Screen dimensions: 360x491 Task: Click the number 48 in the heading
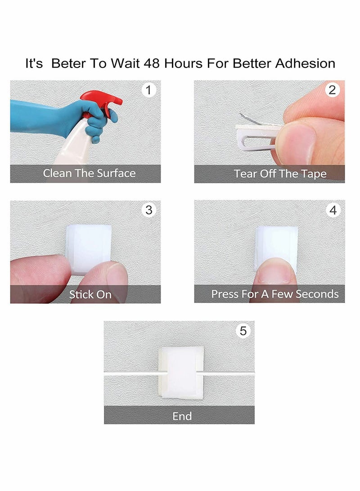coord(152,63)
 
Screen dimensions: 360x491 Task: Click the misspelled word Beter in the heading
coord(68,63)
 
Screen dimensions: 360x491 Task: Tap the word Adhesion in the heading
coord(305,63)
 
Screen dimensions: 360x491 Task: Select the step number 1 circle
coord(148,90)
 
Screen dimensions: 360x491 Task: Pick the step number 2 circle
coord(333,90)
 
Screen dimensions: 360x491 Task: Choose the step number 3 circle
coord(148,210)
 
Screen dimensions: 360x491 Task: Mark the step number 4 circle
coord(333,210)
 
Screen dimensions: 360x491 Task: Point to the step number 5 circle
coord(243,331)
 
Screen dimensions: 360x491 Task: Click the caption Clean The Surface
coord(89,173)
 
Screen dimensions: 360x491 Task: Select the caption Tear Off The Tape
coord(280,173)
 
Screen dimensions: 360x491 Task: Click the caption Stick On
coord(90,294)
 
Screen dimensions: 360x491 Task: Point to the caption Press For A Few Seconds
coord(275,294)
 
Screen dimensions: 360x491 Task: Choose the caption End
coord(182,416)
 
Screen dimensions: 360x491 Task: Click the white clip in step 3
coord(88,248)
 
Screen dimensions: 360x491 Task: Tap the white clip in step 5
coord(181,373)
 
